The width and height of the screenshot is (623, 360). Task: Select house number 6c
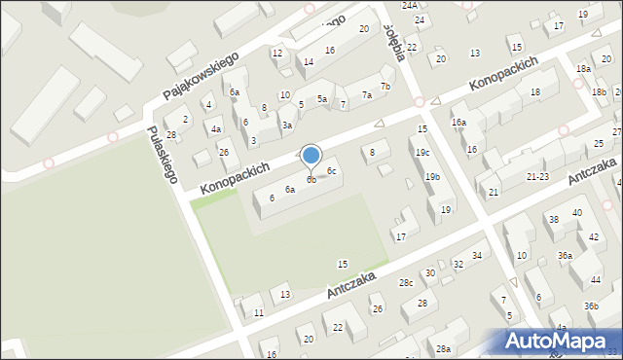pos(332,171)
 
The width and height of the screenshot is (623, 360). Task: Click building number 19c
pos(421,153)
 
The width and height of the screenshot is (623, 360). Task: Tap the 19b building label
pos(432,177)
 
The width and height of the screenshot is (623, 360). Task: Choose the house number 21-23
pos(537,177)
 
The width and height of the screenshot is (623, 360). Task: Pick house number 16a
pos(458,123)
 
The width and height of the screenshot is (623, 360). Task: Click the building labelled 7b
pos(385,87)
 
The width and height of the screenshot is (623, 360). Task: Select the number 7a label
pos(367,95)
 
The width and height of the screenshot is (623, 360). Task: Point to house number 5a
pos(321,99)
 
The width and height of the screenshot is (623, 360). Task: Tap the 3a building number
pos(287,126)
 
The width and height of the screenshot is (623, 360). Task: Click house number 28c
pos(406,282)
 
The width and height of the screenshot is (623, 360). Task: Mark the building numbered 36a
pos(565,255)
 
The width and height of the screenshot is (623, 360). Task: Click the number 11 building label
pos(258,312)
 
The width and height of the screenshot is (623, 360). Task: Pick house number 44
pos(596,279)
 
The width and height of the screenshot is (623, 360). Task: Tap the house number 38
pos(553,220)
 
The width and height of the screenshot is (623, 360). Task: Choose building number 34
pos(477,256)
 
